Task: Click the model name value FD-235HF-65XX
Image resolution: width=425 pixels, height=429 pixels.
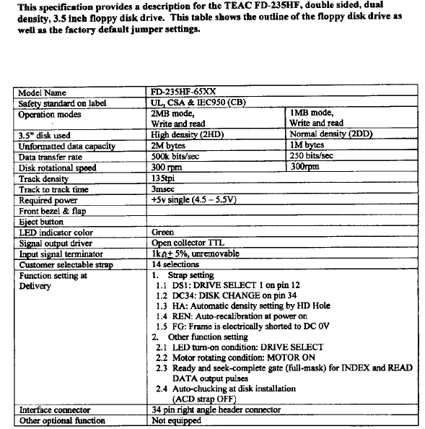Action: coord(183,92)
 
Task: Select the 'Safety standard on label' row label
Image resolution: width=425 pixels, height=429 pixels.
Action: coord(62,103)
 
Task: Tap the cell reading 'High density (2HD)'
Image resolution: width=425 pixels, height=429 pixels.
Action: coord(188,134)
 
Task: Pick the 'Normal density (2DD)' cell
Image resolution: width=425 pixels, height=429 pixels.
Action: coord(331,134)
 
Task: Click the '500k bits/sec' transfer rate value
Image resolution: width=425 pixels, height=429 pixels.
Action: coord(175,156)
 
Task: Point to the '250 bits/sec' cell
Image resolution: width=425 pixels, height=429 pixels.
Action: coord(312,156)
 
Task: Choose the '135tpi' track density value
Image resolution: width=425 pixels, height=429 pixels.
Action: coord(163,178)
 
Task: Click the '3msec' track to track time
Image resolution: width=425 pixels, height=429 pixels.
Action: coord(163,189)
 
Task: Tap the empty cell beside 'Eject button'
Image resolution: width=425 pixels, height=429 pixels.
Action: coord(282,221)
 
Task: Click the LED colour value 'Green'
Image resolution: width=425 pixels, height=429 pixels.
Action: coord(162,232)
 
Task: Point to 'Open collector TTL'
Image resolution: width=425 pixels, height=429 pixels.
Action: coord(188,243)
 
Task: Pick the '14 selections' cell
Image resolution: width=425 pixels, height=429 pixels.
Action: coord(175,264)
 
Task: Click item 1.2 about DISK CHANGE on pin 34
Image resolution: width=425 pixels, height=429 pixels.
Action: coord(227,295)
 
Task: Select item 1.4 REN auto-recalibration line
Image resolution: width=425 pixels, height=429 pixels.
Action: coord(232,316)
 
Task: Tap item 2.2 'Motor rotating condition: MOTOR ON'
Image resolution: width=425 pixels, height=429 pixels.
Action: coord(236,357)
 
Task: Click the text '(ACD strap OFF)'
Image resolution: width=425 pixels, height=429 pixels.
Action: coord(204,399)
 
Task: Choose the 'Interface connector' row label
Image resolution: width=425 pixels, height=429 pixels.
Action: coord(55,409)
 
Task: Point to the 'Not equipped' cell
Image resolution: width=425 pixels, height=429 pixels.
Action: coord(176,420)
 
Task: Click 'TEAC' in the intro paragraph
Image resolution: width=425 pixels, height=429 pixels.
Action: coord(237,6)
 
